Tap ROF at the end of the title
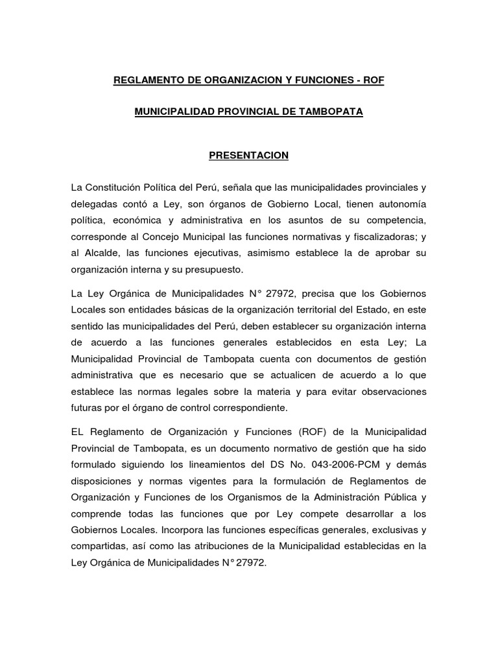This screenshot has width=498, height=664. (x=373, y=80)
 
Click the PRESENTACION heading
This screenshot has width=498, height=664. (x=248, y=156)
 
